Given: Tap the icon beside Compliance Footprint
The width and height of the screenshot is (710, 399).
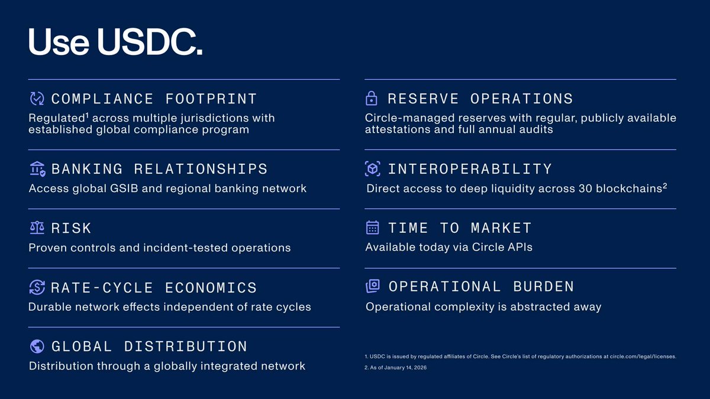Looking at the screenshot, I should [x=37, y=98].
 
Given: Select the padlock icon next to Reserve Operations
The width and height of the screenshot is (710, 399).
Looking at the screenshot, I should [x=372, y=98].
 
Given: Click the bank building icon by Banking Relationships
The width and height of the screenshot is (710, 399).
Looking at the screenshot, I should [x=37, y=169].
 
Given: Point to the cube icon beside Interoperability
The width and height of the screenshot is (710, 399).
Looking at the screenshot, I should [x=372, y=169].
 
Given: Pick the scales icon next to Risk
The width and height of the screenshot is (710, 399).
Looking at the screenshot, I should [x=37, y=228].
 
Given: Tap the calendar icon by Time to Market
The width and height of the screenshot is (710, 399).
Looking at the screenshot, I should [x=372, y=228].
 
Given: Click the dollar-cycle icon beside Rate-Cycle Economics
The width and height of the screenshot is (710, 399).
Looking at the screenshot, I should [x=37, y=287].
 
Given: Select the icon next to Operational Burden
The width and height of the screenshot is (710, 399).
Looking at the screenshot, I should [x=372, y=286].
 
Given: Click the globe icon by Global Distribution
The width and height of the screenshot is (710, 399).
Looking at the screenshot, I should [x=37, y=346].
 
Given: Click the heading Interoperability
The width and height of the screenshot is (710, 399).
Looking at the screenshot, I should [x=469, y=169].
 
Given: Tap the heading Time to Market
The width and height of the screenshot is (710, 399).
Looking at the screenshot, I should [x=460, y=228].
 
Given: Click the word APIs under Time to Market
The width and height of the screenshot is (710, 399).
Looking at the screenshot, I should [x=517, y=247].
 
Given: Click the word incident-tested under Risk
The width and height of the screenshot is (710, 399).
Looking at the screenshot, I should [x=182, y=248].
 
